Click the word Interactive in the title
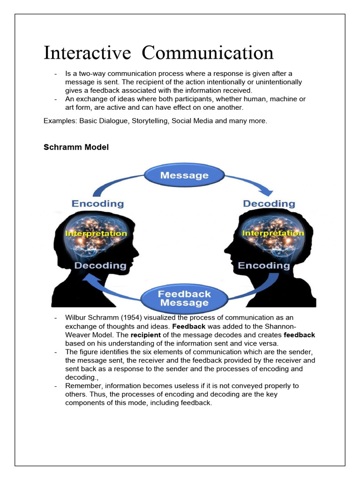click(87, 53)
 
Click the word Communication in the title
click(208, 53)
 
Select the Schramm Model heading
click(76, 147)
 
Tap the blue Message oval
click(184, 176)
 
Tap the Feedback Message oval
click(184, 298)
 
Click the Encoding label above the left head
click(97, 203)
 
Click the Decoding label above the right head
click(269, 203)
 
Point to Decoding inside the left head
click(100, 266)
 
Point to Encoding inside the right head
click(264, 266)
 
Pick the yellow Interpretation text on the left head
click(96, 233)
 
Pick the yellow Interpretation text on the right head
click(273, 233)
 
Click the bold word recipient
click(145, 335)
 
